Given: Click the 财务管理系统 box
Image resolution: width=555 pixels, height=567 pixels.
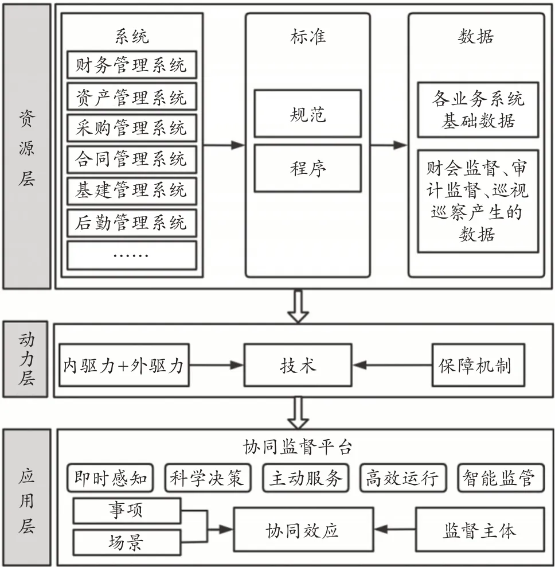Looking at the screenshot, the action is (x=132, y=65).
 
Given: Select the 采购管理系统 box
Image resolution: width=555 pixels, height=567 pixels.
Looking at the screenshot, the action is (x=132, y=128).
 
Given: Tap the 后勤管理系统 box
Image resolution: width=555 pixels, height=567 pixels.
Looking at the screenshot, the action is (x=132, y=223).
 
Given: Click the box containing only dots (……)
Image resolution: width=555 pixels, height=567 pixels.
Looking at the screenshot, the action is (x=132, y=255).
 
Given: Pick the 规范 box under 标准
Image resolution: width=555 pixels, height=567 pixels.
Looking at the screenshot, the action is (x=308, y=114).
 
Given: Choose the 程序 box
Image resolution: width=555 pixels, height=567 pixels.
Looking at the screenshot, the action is (x=308, y=168).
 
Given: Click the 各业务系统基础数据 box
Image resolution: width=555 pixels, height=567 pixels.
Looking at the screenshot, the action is (x=478, y=110).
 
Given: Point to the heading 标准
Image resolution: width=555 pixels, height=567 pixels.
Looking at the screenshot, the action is (x=308, y=37).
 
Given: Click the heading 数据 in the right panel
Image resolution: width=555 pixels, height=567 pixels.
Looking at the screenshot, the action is (x=476, y=37).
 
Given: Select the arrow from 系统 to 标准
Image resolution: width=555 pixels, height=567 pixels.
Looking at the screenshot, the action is (x=224, y=145).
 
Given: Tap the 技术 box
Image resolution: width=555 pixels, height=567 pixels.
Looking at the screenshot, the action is (x=298, y=365).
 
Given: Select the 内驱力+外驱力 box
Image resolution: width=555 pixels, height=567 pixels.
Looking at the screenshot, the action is (x=124, y=365).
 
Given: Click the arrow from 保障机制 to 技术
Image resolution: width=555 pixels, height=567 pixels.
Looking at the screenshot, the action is (x=392, y=365).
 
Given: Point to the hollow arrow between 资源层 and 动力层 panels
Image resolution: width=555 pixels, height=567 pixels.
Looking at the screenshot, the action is (x=298, y=306).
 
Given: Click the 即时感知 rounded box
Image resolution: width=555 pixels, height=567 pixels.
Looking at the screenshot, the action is (x=110, y=478).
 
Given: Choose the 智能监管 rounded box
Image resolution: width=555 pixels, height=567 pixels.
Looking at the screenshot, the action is (x=501, y=478).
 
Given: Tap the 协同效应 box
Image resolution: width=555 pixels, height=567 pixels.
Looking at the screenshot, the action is (x=303, y=530).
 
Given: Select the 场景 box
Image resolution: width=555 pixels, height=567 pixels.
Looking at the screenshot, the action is (x=127, y=542).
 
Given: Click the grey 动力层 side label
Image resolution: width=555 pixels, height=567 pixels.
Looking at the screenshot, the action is (x=25, y=359).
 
